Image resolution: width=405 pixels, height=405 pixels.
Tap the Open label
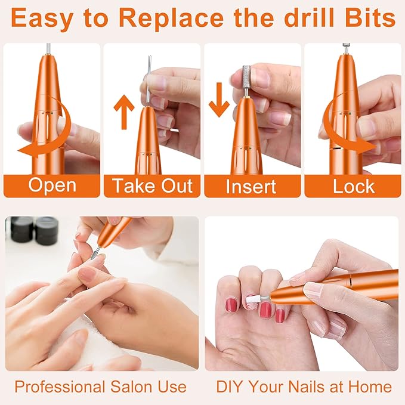pyautogui.click(x=52, y=186)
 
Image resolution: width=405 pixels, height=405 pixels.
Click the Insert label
pyautogui.click(x=251, y=186)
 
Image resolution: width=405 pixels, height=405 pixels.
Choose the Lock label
pyautogui.click(x=353, y=186)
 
